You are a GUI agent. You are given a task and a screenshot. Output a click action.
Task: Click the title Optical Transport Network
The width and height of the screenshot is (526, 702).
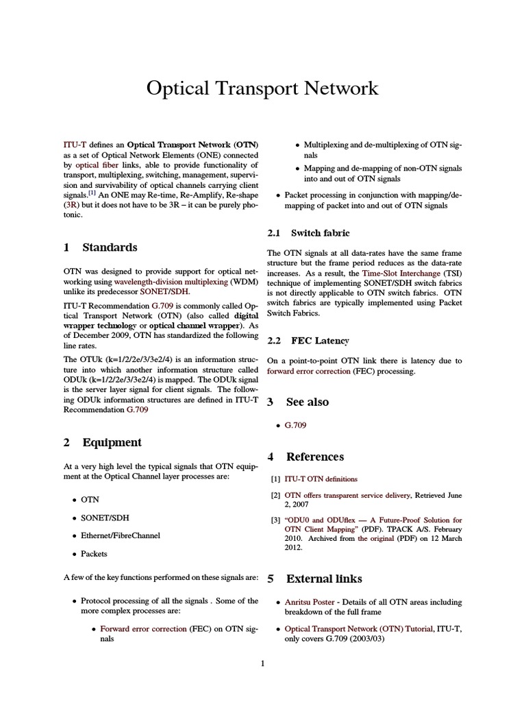[262, 88]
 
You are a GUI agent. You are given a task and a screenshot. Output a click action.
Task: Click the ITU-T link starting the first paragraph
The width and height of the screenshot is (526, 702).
[73, 145]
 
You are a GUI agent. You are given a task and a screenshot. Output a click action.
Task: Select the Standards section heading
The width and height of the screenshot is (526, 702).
[110, 247]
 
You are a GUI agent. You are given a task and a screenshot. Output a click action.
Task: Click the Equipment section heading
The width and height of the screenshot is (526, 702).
[112, 442]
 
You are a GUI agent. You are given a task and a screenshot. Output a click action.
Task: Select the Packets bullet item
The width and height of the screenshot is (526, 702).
[94, 553]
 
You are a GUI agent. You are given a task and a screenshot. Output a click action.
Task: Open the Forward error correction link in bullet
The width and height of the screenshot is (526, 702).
[143, 629]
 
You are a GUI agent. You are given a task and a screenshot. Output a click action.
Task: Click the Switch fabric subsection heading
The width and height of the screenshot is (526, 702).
[320, 233]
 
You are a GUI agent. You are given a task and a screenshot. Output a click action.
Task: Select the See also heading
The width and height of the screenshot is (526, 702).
[307, 402]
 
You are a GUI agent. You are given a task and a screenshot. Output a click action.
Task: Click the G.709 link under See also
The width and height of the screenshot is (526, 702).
[295, 425]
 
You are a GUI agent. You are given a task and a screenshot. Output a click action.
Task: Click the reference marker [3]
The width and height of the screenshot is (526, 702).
[275, 520]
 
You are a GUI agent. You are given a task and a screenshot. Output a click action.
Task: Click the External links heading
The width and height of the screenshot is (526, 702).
[324, 579]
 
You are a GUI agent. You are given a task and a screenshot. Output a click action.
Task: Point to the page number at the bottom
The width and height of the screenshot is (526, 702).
[262, 663]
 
